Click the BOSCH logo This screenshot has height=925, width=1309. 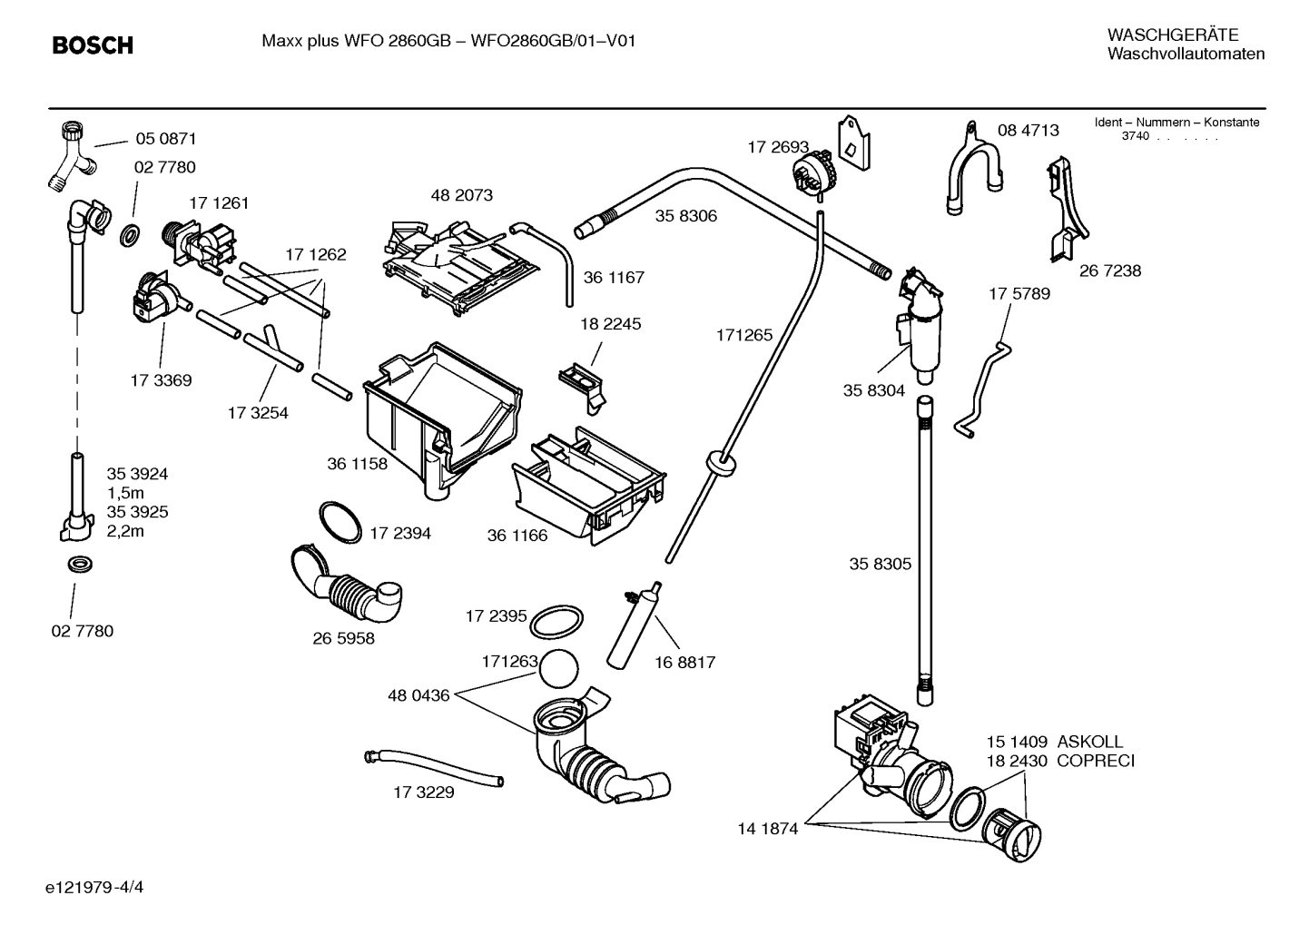tap(93, 44)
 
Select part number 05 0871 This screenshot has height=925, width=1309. tap(165, 139)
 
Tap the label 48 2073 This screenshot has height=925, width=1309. tap(461, 195)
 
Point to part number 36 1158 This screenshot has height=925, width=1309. tap(357, 464)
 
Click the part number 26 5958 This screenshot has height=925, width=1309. tap(343, 638)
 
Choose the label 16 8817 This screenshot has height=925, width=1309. tap(684, 663)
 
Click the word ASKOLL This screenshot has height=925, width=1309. tap(1089, 742)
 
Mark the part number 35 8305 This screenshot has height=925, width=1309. tap(880, 564)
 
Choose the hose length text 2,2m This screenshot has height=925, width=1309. tap(125, 531)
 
